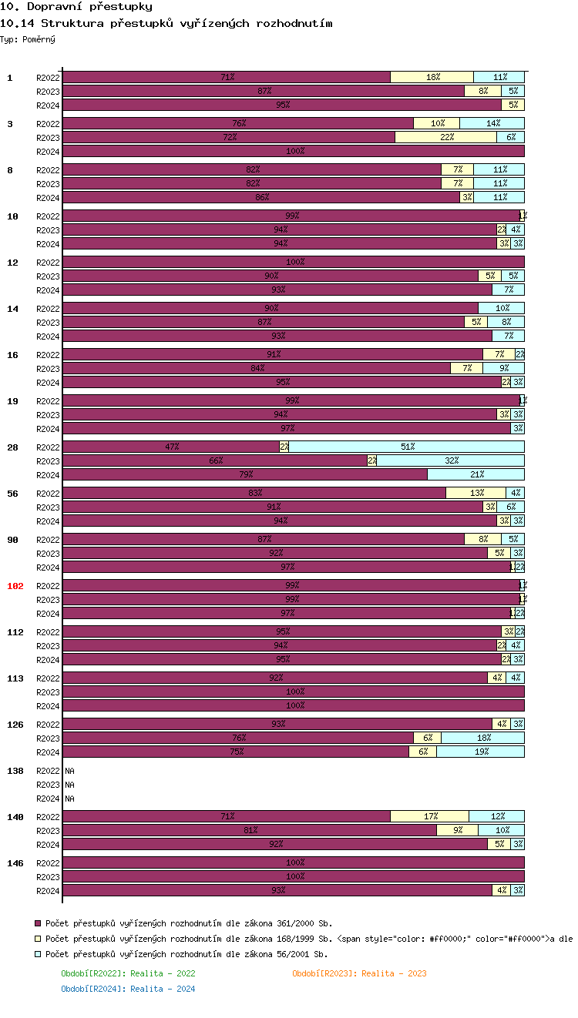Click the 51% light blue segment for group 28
tap(407, 447)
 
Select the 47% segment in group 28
tap(171, 447)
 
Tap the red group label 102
tap(15, 586)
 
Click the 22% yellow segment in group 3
tap(445, 137)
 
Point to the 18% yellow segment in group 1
tap(432, 77)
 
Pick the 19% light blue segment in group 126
tap(480, 752)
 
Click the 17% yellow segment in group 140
tap(429, 816)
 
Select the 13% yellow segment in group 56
tap(476, 493)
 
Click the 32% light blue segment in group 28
tap(450, 460)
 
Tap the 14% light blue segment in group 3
tap(492, 123)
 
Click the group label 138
tap(15, 771)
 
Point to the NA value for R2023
tap(69, 785)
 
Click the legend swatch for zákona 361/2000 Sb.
tap(38, 923)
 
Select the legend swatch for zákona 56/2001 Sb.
tap(38, 955)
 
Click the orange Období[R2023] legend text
tap(359, 973)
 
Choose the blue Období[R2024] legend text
tap(128, 989)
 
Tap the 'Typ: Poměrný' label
tap(28, 39)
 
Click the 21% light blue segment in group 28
tap(476, 474)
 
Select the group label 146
tap(15, 863)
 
